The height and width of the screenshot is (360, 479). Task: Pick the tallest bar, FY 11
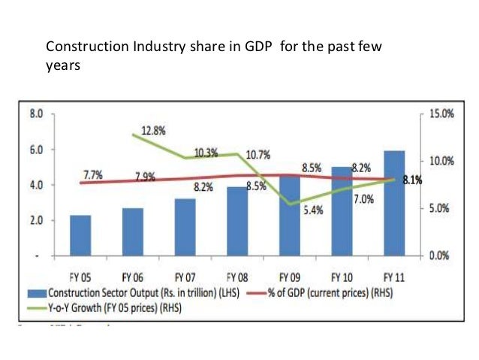pyautogui.click(x=393, y=203)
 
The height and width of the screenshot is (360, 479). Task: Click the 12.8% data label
pyautogui.click(x=153, y=130)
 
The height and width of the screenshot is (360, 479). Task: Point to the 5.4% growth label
pyautogui.click(x=313, y=211)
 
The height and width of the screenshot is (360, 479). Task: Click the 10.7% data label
pyautogui.click(x=258, y=155)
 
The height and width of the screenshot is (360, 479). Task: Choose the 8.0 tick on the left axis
pyautogui.click(x=35, y=114)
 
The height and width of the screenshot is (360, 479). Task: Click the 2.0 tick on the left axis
pyautogui.click(x=35, y=220)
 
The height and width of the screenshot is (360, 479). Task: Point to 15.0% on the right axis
pyautogui.click(x=435, y=114)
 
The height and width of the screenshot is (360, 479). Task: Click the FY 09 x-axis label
pyautogui.click(x=289, y=275)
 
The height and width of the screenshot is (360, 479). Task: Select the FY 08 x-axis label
pyautogui.click(x=237, y=275)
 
